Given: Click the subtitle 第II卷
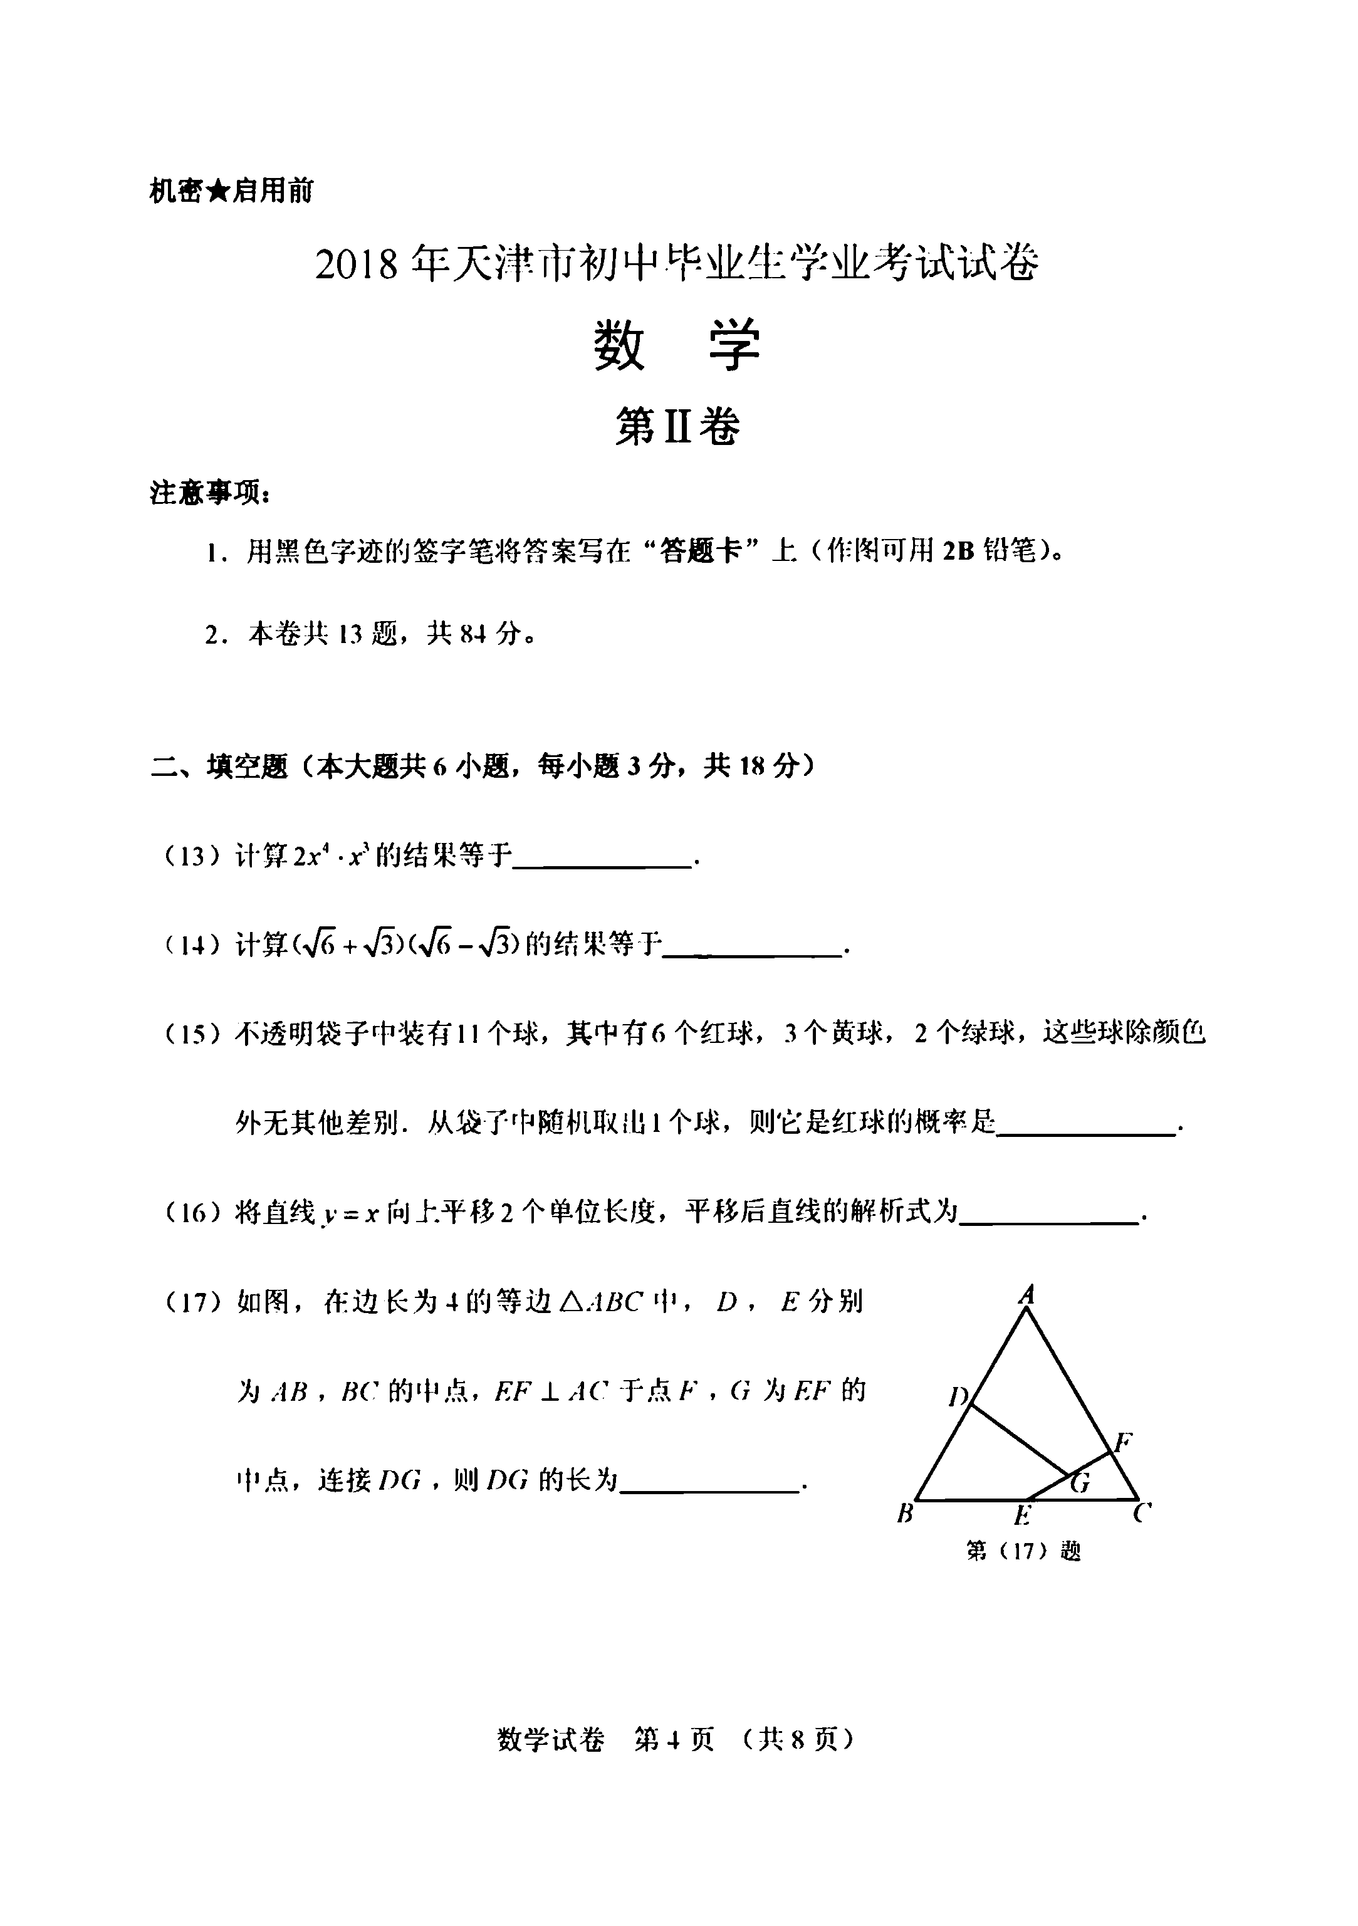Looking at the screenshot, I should (677, 428).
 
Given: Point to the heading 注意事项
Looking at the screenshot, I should (210, 493).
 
